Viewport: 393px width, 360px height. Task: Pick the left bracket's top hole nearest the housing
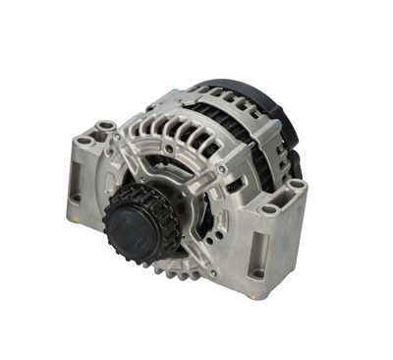105,128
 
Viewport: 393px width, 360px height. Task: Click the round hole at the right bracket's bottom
258,273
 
